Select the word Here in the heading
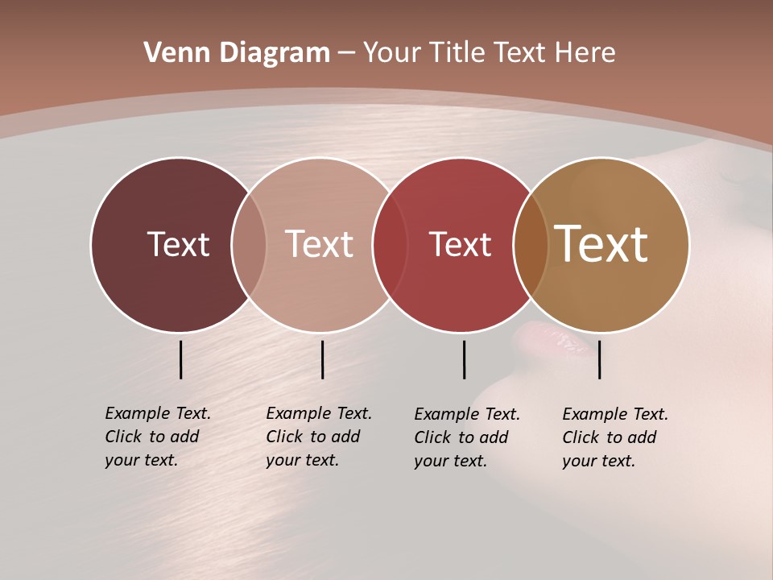point(585,52)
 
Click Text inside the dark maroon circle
point(178,244)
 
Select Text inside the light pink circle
point(320,244)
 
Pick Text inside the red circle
point(460,244)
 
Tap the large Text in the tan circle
point(601,243)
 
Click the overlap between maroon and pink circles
point(249,244)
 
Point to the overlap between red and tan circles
point(531,244)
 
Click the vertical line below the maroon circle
point(180,359)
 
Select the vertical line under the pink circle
point(322,359)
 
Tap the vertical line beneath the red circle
point(464,359)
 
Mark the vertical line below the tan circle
point(599,359)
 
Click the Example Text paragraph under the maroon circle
point(157,437)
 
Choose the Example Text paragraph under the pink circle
point(318,437)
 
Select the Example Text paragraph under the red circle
point(466,437)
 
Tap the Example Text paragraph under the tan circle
point(614,437)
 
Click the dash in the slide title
point(346,53)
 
